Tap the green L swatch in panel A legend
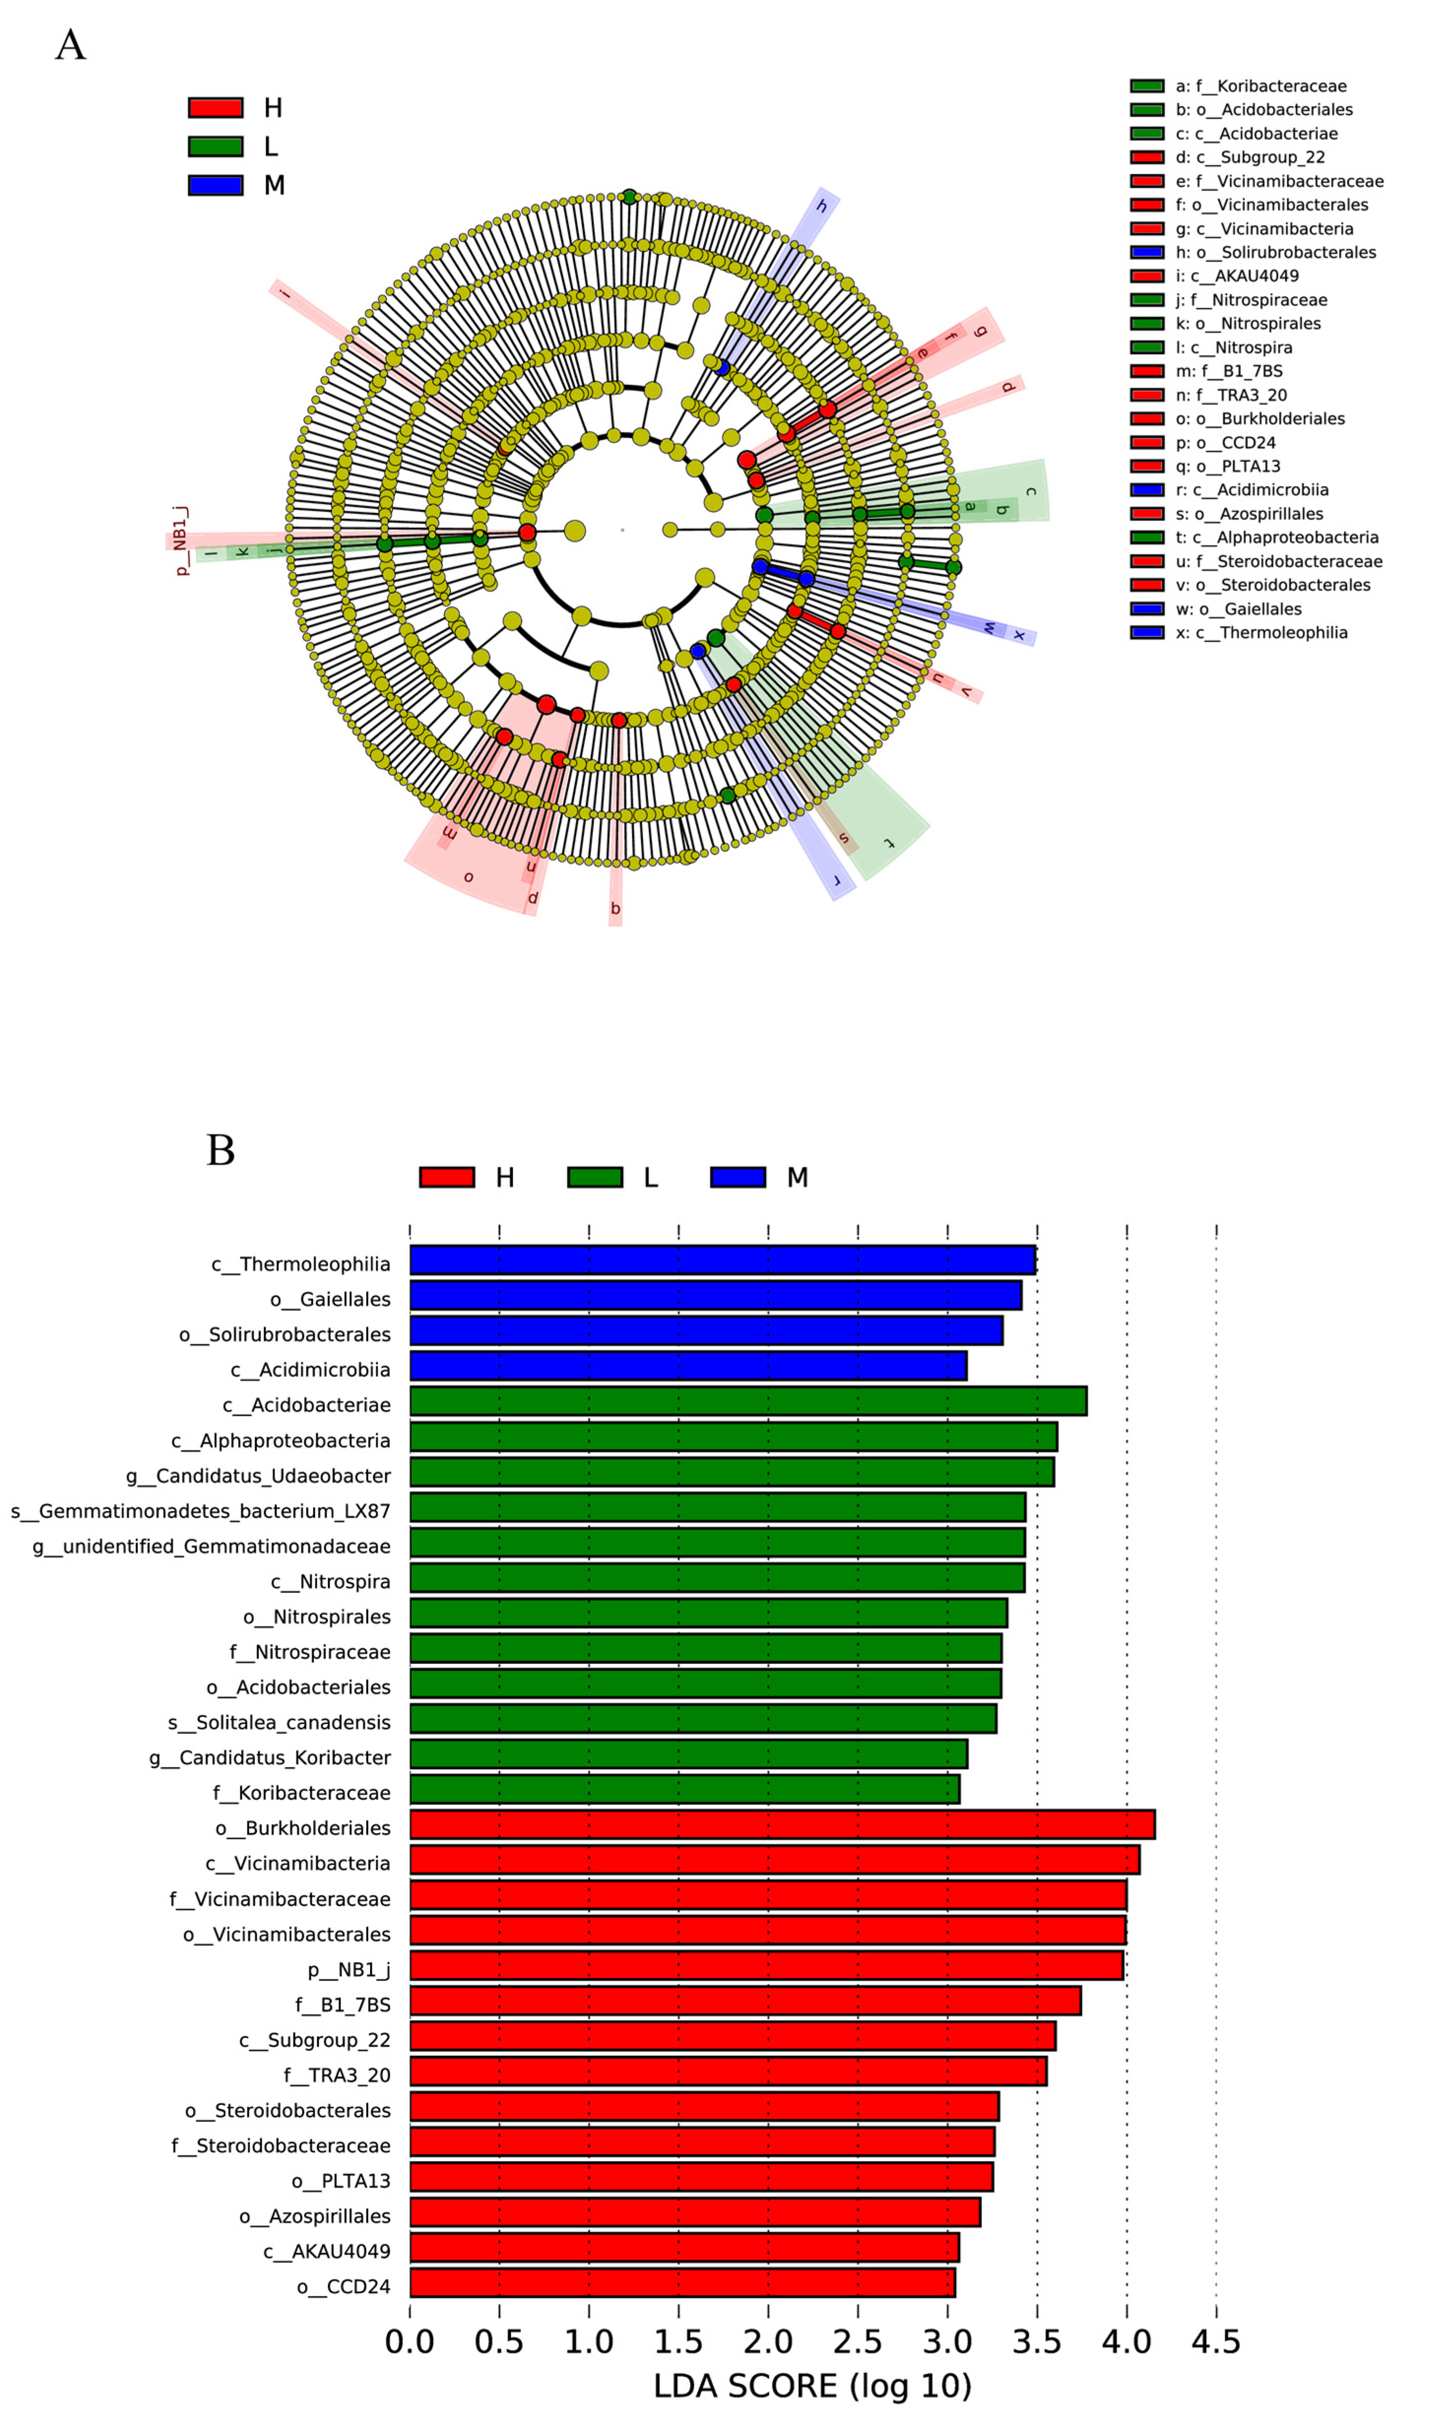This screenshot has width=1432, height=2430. (x=215, y=147)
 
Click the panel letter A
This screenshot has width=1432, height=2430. (x=70, y=45)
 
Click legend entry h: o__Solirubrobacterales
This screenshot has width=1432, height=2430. (x=1274, y=253)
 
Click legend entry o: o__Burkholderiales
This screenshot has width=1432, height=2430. (x=1259, y=419)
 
